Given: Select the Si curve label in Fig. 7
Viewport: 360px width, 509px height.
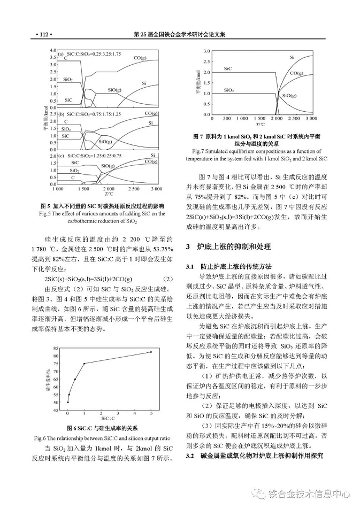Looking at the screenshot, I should (x=292, y=57).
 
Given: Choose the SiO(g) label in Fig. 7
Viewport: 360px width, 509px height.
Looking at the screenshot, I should (x=289, y=96).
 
